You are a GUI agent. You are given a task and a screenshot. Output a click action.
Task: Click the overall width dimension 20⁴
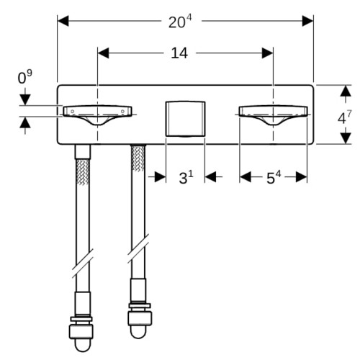click(x=180, y=22)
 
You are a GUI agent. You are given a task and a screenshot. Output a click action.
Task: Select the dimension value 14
click(x=179, y=53)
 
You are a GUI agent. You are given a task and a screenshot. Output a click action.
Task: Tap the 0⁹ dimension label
click(x=24, y=77)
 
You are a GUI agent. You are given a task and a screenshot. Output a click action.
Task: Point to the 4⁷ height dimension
click(x=344, y=117)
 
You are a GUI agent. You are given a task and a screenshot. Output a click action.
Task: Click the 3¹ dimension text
click(x=186, y=178)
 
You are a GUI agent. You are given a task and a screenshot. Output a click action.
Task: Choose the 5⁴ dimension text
click(x=274, y=178)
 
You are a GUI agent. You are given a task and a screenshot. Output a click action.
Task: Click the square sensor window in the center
click(x=185, y=119)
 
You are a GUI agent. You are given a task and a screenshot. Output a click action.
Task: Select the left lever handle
click(x=97, y=114)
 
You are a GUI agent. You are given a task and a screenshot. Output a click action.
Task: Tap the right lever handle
click(x=274, y=114)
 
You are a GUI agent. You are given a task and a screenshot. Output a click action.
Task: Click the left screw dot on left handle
click(x=72, y=111)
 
